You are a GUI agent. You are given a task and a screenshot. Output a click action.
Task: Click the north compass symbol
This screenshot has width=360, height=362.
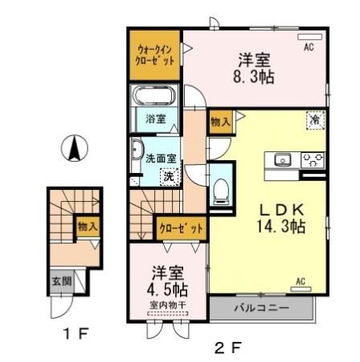pyautogui.click(x=75, y=147)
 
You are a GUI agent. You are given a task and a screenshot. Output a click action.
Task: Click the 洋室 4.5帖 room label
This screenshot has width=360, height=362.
pyautogui.click(x=168, y=282)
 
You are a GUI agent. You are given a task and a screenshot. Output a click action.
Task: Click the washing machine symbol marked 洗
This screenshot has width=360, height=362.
pyautogui.click(x=169, y=175)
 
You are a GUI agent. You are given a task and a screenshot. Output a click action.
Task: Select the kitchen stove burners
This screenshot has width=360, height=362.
pyautogui.click(x=312, y=159)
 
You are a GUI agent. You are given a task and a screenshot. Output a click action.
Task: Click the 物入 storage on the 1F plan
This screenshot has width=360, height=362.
pyautogui.click(x=87, y=228)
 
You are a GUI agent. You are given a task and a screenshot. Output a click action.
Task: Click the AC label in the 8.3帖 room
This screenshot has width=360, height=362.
pyautogui.click(x=308, y=47)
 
